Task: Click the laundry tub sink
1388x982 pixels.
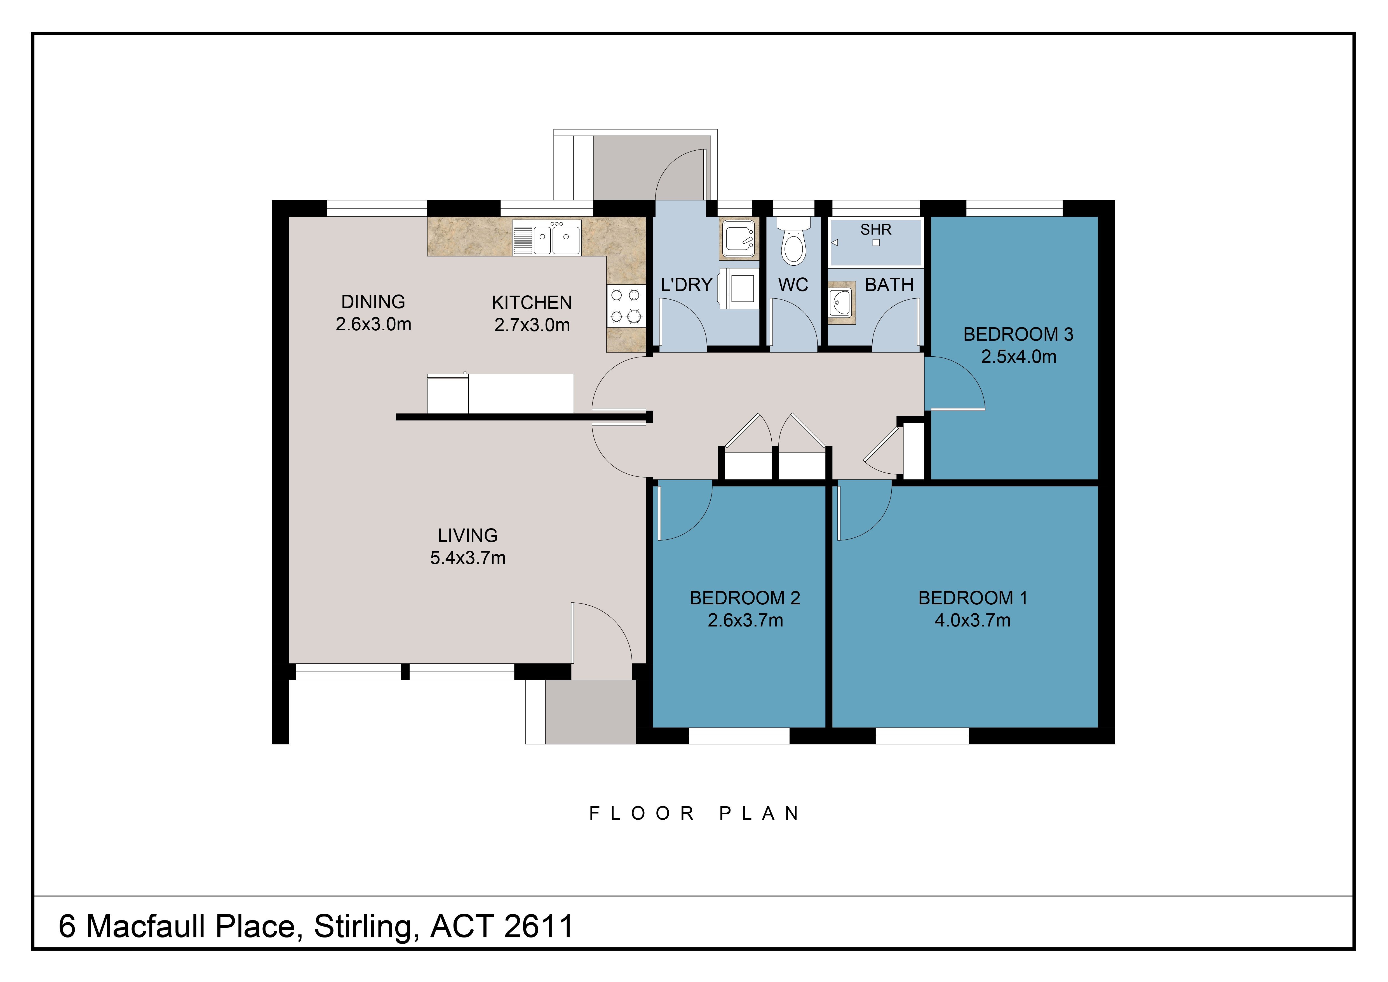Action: pyautogui.click(x=739, y=238)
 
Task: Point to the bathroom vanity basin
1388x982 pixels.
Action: pyautogui.click(x=840, y=302)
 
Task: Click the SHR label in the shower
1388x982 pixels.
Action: pyautogui.click(x=876, y=230)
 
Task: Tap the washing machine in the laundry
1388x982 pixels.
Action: pyautogui.click(x=739, y=288)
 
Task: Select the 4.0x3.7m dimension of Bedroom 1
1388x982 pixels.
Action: pyautogui.click(x=973, y=620)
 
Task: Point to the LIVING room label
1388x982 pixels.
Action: pyautogui.click(x=468, y=536)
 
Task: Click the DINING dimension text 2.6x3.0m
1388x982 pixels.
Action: pyautogui.click(x=374, y=324)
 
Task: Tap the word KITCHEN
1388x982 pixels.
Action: pyautogui.click(x=532, y=302)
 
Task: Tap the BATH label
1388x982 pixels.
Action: pyautogui.click(x=889, y=285)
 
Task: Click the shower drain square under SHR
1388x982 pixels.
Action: pyautogui.click(x=876, y=243)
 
